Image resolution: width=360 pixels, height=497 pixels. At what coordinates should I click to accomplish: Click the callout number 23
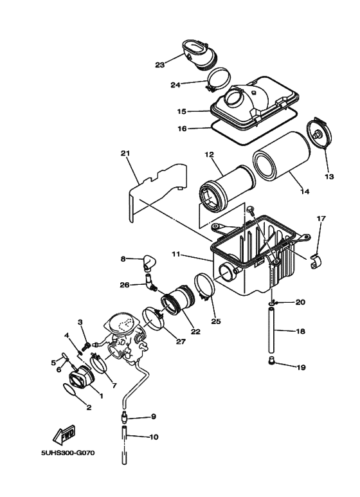click(x=159, y=64)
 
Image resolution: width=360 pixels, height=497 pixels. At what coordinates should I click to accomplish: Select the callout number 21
click(x=125, y=153)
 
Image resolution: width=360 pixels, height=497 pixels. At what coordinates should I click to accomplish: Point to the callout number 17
click(x=321, y=219)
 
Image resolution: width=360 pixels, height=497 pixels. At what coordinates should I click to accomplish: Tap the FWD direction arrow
click(x=66, y=437)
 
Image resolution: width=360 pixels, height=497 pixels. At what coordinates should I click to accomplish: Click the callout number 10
click(x=153, y=437)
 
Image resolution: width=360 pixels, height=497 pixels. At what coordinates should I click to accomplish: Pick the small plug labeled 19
click(x=272, y=361)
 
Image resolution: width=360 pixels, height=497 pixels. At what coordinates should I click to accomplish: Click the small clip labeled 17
click(x=316, y=262)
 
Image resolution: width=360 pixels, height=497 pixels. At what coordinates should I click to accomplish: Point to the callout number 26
click(x=125, y=285)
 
